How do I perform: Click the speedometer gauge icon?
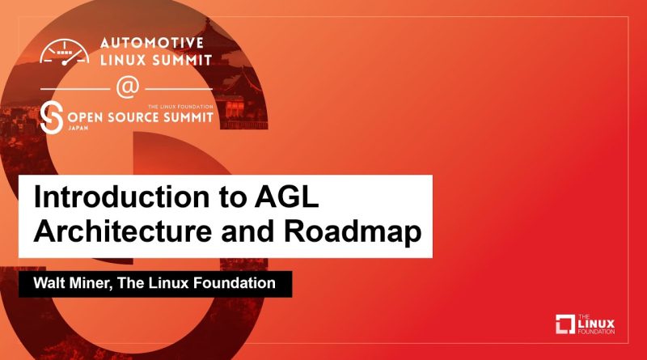pos(65,52)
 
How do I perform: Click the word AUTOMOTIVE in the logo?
pos(152,43)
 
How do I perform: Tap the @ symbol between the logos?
pos(128,88)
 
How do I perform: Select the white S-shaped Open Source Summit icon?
pos(52,116)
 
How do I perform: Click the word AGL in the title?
pos(286,197)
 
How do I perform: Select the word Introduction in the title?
pos(122,197)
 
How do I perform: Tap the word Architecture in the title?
pos(123,231)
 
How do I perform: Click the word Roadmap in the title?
pos(353,232)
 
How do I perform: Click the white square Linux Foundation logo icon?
pos(565,324)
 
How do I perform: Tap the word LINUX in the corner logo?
pos(596,324)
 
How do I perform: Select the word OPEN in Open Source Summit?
pos(85,117)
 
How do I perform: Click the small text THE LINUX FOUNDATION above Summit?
pos(180,107)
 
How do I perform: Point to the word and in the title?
pos(247,231)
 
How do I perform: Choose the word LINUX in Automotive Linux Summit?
pos(123,60)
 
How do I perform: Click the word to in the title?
pos(232,197)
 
